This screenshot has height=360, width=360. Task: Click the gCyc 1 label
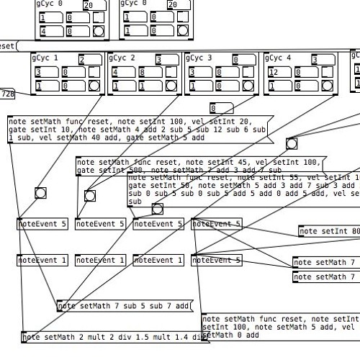coord(45,58)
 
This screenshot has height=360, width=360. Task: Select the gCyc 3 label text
coord(199,58)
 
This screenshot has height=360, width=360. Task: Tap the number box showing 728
coord(8,94)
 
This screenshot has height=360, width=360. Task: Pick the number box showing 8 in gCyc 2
coord(145,72)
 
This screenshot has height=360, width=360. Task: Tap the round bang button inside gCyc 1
coord(94,84)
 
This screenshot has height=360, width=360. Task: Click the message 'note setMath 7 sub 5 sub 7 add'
coord(125,306)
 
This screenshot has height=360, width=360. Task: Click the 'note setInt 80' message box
coord(328,231)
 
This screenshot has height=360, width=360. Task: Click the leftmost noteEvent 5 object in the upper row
coord(42,224)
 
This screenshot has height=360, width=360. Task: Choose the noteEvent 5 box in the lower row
coord(216,260)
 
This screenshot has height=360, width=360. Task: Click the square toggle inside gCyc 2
coord(172,72)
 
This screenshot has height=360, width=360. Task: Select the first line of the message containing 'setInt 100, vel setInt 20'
coord(130,122)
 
